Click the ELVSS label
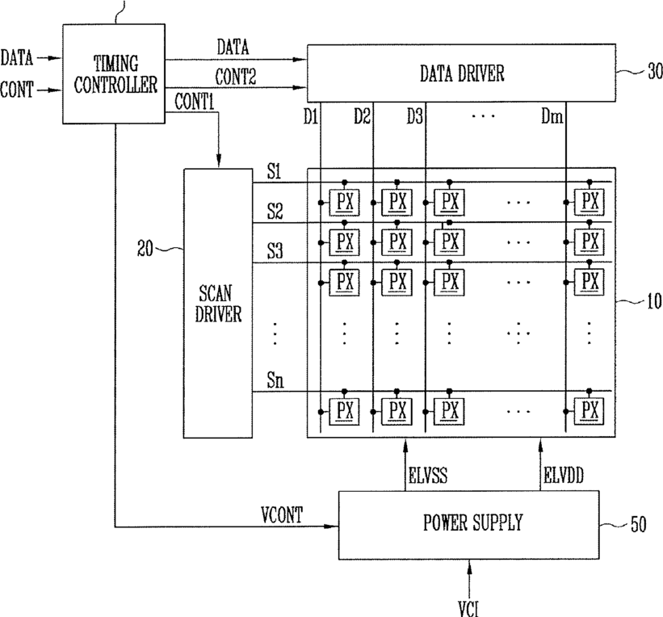[x=428, y=475]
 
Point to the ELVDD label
[x=564, y=475]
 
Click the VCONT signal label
[x=282, y=514]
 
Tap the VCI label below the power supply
[x=469, y=608]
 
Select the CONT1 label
[x=195, y=102]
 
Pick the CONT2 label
[x=236, y=77]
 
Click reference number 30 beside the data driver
[x=655, y=71]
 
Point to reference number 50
[x=639, y=524]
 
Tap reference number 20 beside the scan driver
[x=145, y=248]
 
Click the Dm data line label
[x=552, y=115]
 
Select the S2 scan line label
[x=275, y=211]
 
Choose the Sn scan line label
[x=275, y=380]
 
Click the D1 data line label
[x=310, y=115]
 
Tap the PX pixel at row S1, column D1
[x=345, y=202]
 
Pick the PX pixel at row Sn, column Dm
[x=589, y=411]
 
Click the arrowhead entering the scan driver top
[x=219, y=162]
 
